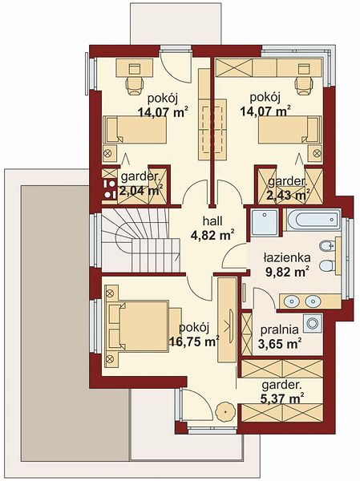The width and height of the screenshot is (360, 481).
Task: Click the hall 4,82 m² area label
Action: [x=212, y=228]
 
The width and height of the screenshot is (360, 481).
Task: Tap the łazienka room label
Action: [x=287, y=257]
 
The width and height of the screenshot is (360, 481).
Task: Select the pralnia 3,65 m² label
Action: [x=280, y=337]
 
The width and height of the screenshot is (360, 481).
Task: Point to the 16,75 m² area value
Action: [x=194, y=341]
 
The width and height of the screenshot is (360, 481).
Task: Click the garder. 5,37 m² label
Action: [x=282, y=391]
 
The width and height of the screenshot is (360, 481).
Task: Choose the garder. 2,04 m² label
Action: [x=141, y=184]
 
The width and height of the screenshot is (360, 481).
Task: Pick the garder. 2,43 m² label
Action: [x=288, y=188]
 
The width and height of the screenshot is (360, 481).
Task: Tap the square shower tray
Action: [x=265, y=222]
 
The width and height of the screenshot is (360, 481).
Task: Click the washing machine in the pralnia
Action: [x=313, y=323]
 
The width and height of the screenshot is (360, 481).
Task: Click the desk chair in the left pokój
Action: [x=135, y=84]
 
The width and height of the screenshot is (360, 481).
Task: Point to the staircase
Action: [x=140, y=240]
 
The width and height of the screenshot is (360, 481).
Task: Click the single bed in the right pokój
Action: [x=289, y=129]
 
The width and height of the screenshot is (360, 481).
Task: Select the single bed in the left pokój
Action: [x=135, y=129]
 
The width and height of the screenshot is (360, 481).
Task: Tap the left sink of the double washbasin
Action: [x=291, y=301]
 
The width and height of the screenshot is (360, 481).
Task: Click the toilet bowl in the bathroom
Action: [x=326, y=266]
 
